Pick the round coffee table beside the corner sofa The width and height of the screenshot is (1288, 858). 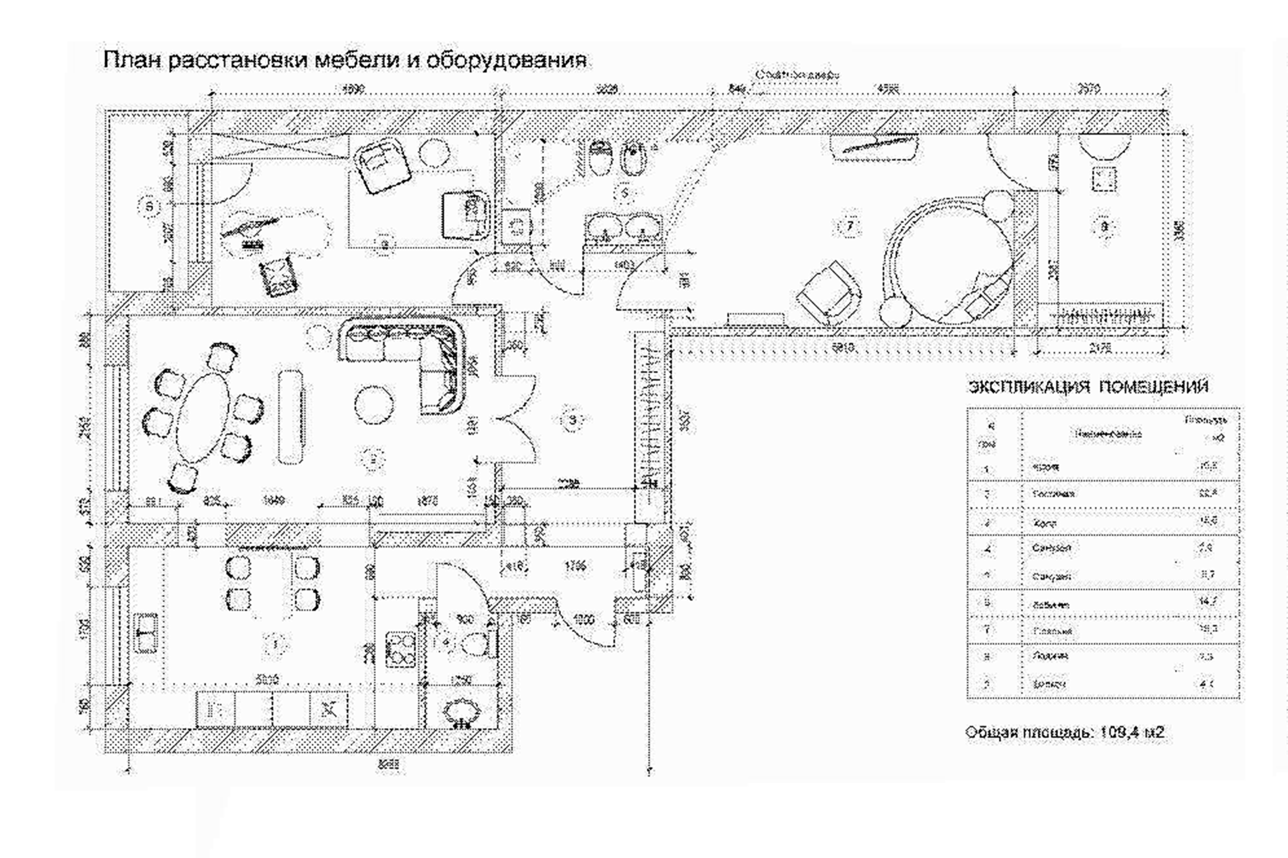click(374, 405)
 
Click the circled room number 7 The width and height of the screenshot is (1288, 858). click(849, 225)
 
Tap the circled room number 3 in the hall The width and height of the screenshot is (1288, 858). click(572, 420)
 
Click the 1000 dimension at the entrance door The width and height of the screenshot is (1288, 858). click(583, 620)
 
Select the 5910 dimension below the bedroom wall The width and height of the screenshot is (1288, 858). click(843, 347)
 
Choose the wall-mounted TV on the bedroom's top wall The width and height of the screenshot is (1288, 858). click(874, 144)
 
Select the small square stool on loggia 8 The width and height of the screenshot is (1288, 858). click(1103, 179)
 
